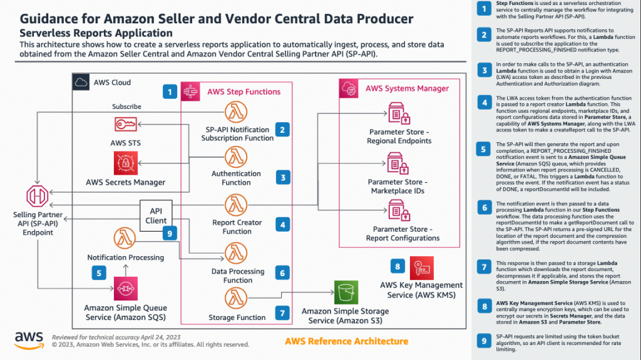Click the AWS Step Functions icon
point(191,92)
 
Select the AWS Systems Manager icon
point(349,89)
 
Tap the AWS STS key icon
point(126,124)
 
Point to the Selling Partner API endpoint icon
point(37,196)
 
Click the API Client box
point(156,215)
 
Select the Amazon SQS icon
point(126,288)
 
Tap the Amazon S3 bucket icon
point(346,292)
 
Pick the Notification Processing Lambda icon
point(126,239)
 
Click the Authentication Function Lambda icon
point(237,157)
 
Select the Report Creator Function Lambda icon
point(237,205)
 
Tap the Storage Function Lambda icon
point(237,299)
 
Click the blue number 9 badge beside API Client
point(168,234)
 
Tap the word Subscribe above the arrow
point(126,106)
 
